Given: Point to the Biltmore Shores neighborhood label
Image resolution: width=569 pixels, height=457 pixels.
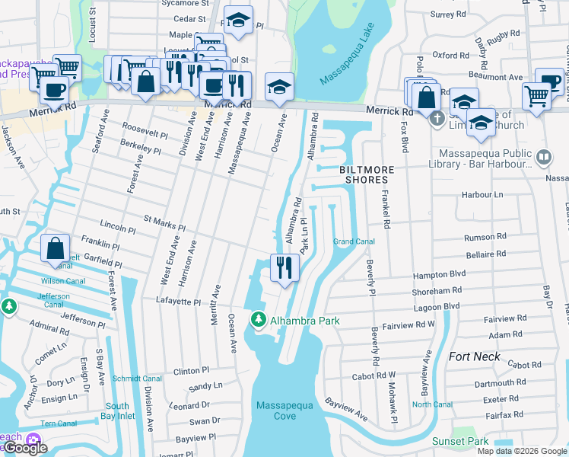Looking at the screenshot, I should [x=358, y=174].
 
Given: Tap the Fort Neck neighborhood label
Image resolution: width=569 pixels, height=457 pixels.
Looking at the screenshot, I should [x=475, y=356].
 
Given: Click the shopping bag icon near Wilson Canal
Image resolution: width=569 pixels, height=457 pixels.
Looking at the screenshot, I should [x=56, y=249].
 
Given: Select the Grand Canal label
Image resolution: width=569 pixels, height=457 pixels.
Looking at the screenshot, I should [x=354, y=242].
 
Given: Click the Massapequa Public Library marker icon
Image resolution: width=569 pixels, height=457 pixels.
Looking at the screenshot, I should [x=544, y=158].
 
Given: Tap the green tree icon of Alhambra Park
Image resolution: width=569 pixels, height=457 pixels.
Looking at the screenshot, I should [x=258, y=321].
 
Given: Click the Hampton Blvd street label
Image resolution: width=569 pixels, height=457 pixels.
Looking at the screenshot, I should [x=459, y=276].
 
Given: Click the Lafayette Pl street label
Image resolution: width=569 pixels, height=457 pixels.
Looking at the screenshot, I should [x=180, y=302].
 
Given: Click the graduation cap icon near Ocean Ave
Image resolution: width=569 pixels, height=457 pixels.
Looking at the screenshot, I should [x=279, y=87].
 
